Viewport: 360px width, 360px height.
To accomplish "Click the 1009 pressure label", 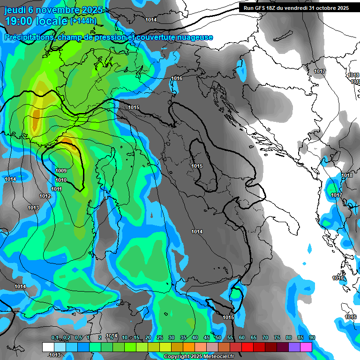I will [x=61, y=171].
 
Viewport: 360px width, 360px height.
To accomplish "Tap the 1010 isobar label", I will [x=61, y=180].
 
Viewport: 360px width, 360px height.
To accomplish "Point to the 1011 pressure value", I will [x=57, y=189].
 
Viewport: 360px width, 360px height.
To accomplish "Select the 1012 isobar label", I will [x=45, y=196].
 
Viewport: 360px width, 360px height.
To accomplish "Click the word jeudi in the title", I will [x=15, y=10].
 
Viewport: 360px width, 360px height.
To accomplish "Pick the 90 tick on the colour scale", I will [x=312, y=338].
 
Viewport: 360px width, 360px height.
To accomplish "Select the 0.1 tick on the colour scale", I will [x=55, y=338].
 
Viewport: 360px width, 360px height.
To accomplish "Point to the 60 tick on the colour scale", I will [x=242, y=338].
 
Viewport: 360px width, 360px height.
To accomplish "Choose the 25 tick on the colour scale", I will [x=160, y=338].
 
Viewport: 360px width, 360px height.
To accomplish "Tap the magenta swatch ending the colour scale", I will [x=306, y=347].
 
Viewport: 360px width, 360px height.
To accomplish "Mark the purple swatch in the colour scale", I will [x=294, y=347].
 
